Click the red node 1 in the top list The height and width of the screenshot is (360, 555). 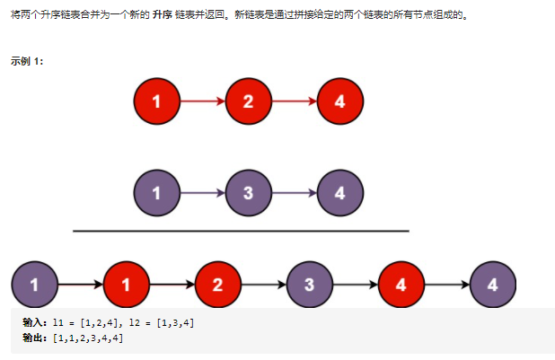point(157,101)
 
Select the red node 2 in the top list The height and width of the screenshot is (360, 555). point(249,101)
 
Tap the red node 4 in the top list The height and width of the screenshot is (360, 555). point(339,101)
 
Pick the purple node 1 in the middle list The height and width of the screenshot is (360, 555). point(157,192)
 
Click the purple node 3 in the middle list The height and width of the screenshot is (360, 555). point(249,192)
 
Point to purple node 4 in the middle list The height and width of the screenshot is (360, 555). point(339,192)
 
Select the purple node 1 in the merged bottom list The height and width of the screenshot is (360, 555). point(35,285)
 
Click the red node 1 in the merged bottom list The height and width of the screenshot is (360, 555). point(127,285)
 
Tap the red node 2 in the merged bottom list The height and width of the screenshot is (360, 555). point(218,285)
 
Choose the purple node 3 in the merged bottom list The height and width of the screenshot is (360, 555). point(310,285)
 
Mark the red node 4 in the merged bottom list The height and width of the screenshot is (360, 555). point(401,285)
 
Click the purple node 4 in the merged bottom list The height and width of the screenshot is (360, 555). point(493,285)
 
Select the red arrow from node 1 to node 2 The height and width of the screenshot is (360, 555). point(203,101)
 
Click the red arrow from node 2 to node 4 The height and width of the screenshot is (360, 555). point(295,101)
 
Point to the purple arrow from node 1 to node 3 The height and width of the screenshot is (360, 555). point(203,192)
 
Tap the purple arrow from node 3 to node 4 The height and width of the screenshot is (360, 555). point(295,192)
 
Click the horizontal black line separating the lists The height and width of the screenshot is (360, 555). point(241,231)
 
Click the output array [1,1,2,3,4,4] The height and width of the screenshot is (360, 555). point(89,338)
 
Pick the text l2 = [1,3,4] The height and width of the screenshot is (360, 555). point(161,321)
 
